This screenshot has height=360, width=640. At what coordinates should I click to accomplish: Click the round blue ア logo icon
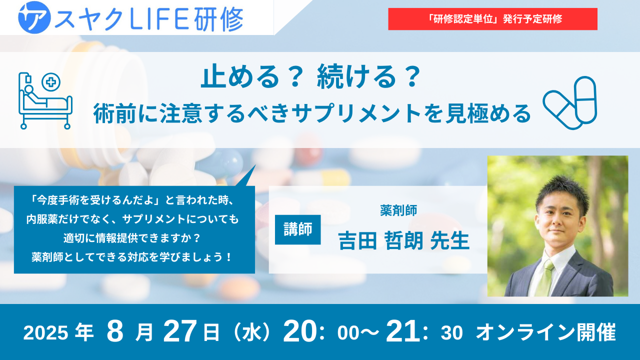(34, 17)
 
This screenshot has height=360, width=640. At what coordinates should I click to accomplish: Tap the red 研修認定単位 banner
(492, 19)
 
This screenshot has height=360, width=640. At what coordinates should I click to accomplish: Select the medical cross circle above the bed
(51, 82)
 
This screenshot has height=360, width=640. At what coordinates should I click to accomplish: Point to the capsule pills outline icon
(569, 103)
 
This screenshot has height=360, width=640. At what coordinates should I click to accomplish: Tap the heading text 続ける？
(368, 76)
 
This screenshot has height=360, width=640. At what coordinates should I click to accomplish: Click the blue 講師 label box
(297, 229)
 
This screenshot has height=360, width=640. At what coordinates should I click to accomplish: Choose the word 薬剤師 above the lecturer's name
(398, 210)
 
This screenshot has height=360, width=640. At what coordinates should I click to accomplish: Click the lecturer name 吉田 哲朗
(380, 240)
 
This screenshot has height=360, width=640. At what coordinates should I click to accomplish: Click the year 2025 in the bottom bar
(45, 333)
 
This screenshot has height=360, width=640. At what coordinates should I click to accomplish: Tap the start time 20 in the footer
(299, 331)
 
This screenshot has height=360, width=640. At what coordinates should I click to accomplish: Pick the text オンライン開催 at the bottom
(545, 332)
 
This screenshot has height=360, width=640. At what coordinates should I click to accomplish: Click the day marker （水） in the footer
(251, 332)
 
